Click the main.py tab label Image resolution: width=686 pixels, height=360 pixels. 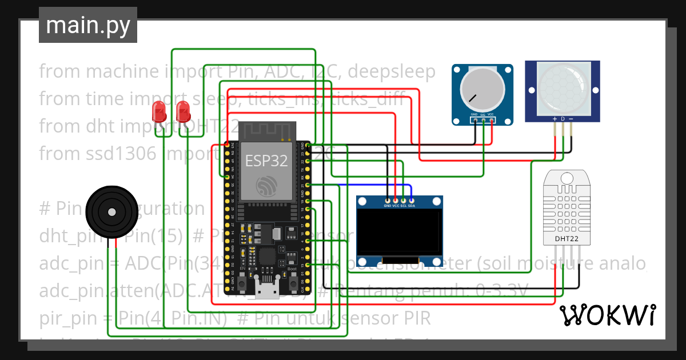pos(87,26)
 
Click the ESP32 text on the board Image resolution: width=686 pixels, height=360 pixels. pos(266,161)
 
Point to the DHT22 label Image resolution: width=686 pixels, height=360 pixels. pos(567,238)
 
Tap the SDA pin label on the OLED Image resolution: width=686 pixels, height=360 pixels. pos(412,205)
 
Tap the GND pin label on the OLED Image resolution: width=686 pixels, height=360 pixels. pos(388,205)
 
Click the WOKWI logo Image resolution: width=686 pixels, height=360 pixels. pos(607,314)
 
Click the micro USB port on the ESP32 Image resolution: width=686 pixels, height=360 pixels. pos(265,292)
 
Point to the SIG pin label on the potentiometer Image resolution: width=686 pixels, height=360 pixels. pos(482,115)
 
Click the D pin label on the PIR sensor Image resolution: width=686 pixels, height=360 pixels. pos(563,119)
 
